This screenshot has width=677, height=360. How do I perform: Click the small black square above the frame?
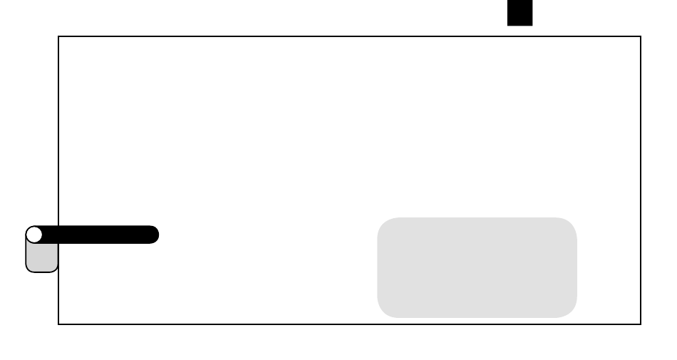click(x=520, y=12)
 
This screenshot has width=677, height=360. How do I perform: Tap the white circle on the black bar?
click(x=34, y=235)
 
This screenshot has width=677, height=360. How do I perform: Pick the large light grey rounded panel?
click(x=477, y=267)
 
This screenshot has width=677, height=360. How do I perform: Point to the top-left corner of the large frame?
click(x=58, y=36)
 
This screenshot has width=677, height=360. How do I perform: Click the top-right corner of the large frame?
click(x=641, y=36)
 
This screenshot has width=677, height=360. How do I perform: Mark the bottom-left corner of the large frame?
click(x=58, y=324)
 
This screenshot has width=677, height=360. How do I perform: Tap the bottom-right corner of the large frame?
click(x=641, y=324)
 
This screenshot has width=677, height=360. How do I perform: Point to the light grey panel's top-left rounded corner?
click(x=383, y=224)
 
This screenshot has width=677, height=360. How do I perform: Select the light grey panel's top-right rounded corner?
click(x=571, y=224)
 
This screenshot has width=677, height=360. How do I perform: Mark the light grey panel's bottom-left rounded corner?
click(x=383, y=312)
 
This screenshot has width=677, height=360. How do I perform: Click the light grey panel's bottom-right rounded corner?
click(x=571, y=312)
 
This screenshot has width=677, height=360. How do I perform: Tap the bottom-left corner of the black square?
click(x=508, y=25)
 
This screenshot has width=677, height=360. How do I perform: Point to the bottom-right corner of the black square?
click(x=532, y=25)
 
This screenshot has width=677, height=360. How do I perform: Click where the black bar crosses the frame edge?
click(x=58, y=235)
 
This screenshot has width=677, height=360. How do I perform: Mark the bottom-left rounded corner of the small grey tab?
click(x=29, y=269)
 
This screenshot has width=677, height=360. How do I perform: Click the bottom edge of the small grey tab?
click(x=41, y=272)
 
